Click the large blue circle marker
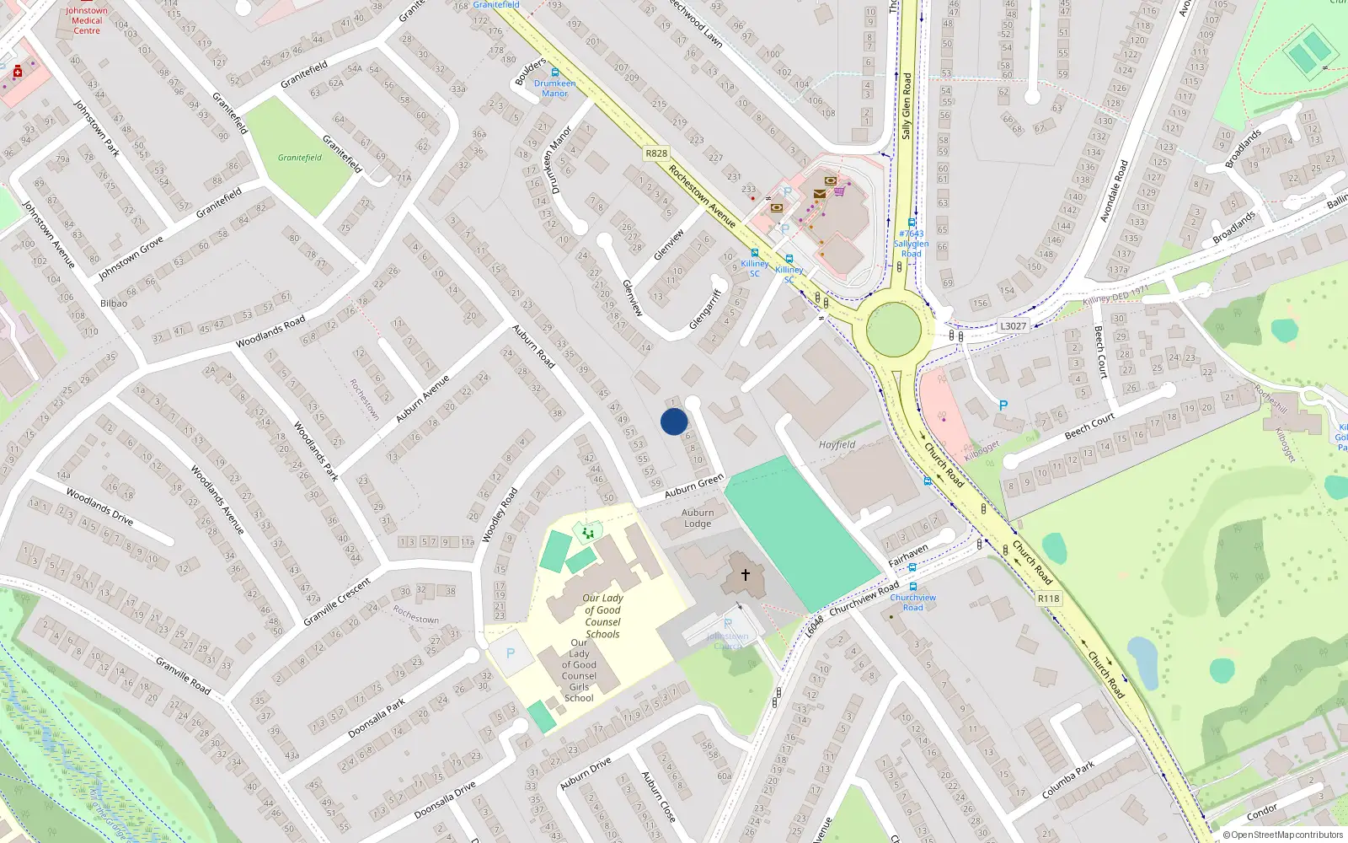(x=674, y=421)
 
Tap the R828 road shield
(x=655, y=153)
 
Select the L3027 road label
(x=1013, y=326)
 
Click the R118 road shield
(x=1049, y=599)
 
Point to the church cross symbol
(x=746, y=575)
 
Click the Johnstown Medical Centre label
(x=87, y=20)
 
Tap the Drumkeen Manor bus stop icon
(x=554, y=72)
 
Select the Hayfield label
(x=837, y=444)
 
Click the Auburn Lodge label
(x=698, y=518)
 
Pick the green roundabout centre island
(x=894, y=330)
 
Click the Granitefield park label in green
(x=300, y=158)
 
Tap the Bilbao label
(x=114, y=303)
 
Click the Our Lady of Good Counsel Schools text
(x=602, y=616)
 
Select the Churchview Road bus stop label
(x=912, y=602)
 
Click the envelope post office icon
(x=819, y=194)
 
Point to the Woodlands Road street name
(x=270, y=332)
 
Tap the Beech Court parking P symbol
(x=1003, y=405)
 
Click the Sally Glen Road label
(x=907, y=105)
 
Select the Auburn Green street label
(x=693, y=486)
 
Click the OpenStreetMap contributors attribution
(x=1282, y=835)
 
